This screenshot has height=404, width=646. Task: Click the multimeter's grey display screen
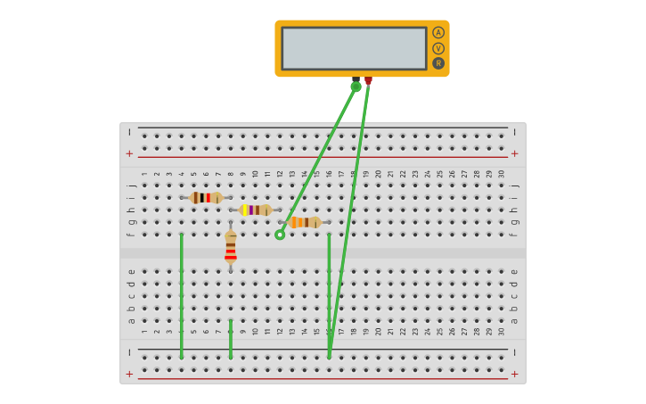point(354,48)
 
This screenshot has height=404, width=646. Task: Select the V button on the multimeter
point(438,48)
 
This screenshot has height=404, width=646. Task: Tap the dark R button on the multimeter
point(438,63)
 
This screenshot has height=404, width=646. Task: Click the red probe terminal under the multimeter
point(368,81)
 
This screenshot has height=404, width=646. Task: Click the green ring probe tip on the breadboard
point(280,235)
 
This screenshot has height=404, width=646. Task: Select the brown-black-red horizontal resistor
point(206,198)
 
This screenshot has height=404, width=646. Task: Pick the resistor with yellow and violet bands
point(255,210)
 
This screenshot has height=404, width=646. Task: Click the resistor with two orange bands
point(304,222)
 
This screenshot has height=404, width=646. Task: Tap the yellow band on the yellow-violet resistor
point(245,210)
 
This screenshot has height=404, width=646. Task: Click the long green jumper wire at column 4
point(182,294)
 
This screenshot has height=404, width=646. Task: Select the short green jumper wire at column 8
point(231,339)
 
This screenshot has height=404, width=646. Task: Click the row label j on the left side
point(131,186)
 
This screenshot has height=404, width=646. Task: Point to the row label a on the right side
point(514,320)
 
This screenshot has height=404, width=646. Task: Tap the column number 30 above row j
point(501,174)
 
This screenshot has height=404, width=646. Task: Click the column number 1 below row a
point(145,332)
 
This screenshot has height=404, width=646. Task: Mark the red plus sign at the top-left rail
point(129,153)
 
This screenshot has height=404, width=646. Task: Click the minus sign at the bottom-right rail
point(514,352)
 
